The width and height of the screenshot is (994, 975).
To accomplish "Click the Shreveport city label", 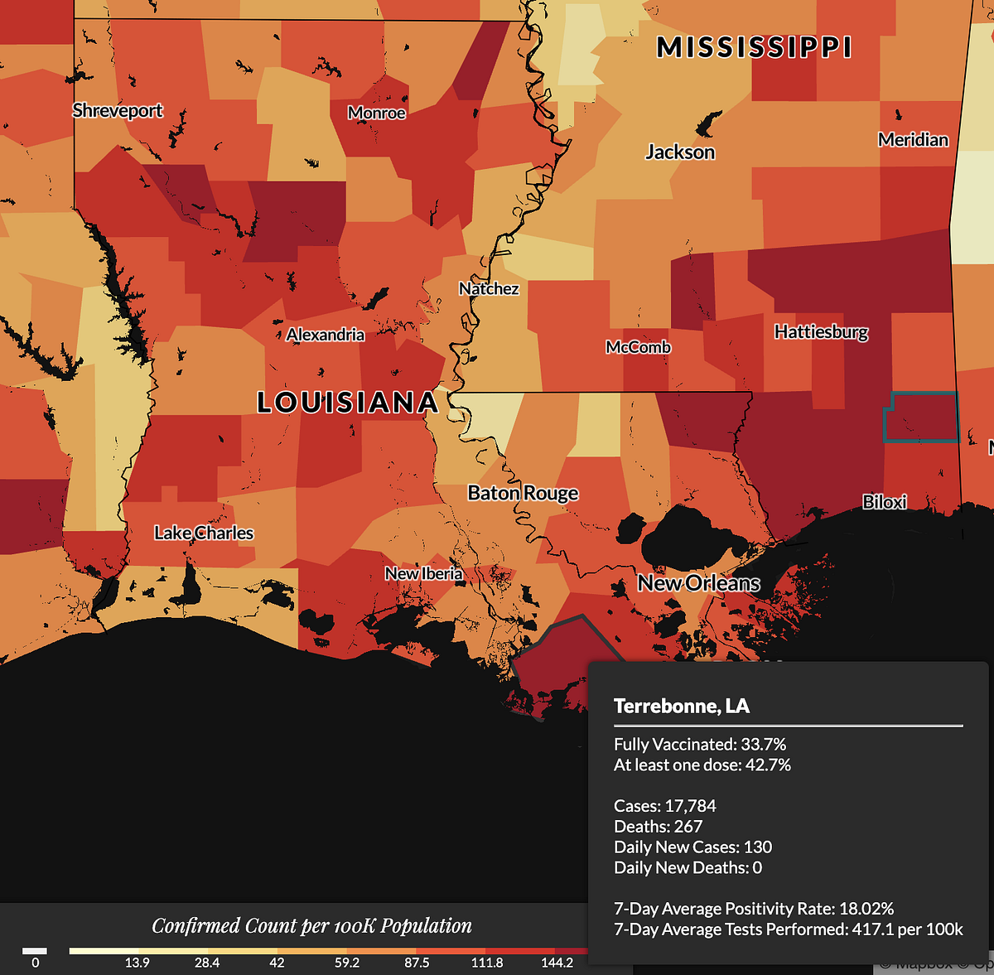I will click(x=118, y=110).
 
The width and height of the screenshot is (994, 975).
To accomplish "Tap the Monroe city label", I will click(x=377, y=113).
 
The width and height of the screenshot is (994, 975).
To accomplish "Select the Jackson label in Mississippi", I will click(x=680, y=152).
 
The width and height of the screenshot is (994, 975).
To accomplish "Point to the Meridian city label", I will click(x=913, y=139).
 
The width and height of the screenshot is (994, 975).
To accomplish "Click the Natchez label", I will click(x=489, y=288).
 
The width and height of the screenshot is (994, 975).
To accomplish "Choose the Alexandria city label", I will click(x=326, y=335).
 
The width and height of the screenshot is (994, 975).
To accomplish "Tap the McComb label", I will click(x=638, y=347).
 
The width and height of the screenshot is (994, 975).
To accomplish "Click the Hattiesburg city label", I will click(x=821, y=331).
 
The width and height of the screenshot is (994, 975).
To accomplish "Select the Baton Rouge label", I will click(x=523, y=493).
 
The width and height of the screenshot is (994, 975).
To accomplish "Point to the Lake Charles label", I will click(x=204, y=533).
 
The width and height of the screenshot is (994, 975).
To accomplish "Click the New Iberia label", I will click(x=423, y=573).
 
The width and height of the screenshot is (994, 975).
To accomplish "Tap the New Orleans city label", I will click(x=698, y=583).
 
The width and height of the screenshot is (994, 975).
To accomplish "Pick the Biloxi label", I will click(x=884, y=501).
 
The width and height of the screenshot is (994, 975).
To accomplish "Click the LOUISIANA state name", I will click(x=347, y=403).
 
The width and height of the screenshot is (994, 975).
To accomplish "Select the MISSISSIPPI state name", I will click(x=754, y=47).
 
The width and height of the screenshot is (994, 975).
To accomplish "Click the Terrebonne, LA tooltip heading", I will click(x=681, y=706).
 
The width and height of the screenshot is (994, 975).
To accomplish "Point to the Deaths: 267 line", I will click(x=658, y=826).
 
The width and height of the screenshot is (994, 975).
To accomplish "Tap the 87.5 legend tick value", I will click(x=417, y=963).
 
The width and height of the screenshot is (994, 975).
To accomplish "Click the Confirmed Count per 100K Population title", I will click(x=311, y=925).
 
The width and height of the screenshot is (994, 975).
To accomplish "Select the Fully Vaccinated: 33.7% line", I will click(x=700, y=744).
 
